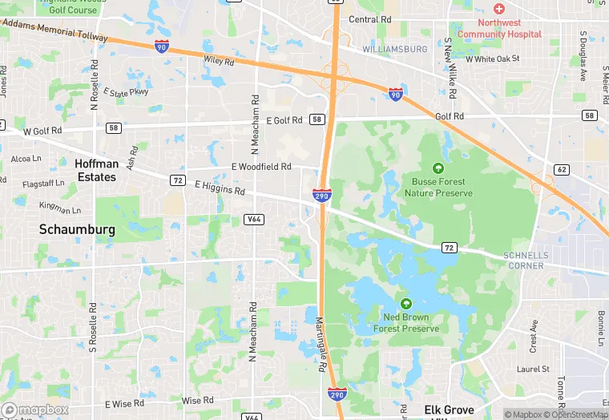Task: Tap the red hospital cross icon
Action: point(499,9)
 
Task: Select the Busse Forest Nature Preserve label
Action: point(438,187)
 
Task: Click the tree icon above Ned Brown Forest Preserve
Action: point(406,304)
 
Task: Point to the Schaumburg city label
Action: point(77,229)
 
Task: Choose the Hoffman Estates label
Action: point(96,170)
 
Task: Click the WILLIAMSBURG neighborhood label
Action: point(394,49)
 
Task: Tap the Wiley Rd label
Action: point(218,60)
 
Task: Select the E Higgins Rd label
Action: point(220,188)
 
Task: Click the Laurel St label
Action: point(533,370)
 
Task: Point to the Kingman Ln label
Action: point(60,210)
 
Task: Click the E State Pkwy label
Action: point(126,92)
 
